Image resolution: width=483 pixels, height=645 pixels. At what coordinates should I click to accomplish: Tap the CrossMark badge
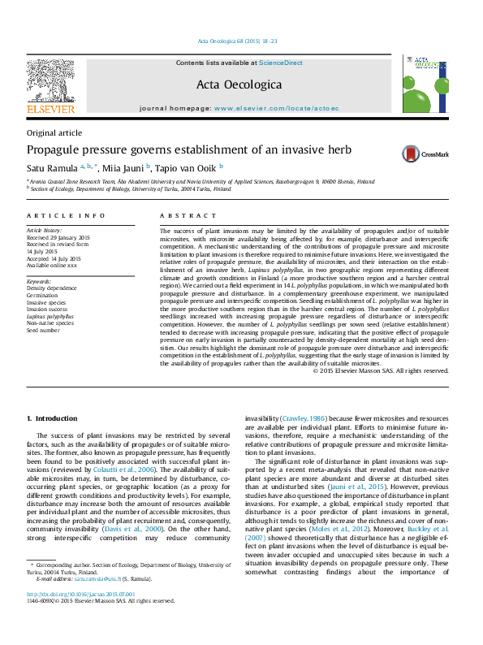tap(422, 153)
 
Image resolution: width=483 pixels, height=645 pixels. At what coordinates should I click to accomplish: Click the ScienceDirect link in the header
tap(281, 63)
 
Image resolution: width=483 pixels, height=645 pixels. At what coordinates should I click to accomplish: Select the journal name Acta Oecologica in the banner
tap(239, 84)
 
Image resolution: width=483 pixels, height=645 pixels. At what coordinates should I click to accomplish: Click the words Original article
tap(54, 132)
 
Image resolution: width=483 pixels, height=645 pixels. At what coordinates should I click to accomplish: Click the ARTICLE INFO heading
tap(67, 215)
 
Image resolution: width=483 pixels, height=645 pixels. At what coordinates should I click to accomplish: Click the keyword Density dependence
tap(52, 288)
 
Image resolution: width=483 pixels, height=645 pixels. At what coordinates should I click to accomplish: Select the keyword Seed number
tap(43, 331)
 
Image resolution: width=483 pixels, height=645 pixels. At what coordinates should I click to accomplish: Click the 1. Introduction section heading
tap(53, 418)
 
